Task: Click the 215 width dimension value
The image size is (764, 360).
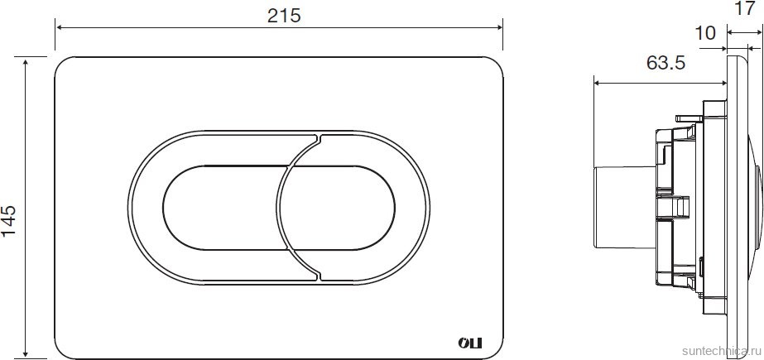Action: [284, 16]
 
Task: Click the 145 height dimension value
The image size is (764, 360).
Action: [9, 220]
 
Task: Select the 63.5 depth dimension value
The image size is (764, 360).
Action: [665, 62]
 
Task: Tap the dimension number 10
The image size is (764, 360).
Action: [704, 33]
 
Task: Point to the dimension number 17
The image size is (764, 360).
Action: [743, 8]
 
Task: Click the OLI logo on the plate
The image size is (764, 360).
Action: [469, 343]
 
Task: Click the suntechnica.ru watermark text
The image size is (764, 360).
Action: [722, 351]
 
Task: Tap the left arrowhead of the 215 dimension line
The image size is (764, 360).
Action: [60, 27]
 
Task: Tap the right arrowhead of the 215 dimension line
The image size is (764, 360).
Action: [498, 27]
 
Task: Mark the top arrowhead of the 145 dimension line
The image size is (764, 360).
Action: [26, 61]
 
